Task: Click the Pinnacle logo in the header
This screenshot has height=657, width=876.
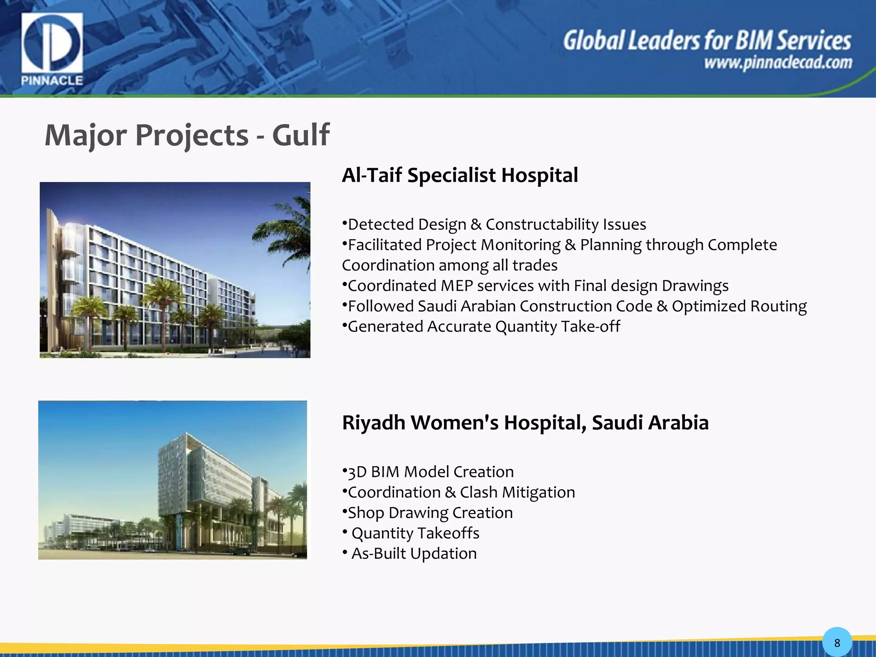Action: click(52, 48)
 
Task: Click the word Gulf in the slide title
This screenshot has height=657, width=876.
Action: click(301, 135)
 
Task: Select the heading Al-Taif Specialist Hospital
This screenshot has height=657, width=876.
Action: click(460, 175)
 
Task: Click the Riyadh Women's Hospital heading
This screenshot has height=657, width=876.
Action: click(525, 423)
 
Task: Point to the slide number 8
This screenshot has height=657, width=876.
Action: click(837, 642)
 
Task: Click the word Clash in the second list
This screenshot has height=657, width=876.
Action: click(479, 492)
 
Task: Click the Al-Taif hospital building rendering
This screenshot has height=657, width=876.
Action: click(175, 270)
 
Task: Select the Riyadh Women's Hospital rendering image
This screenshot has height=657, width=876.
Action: click(172, 480)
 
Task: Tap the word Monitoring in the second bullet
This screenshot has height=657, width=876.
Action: click(521, 245)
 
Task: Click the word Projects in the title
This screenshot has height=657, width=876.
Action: click(192, 135)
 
